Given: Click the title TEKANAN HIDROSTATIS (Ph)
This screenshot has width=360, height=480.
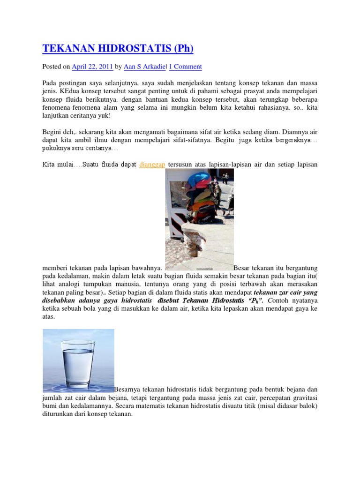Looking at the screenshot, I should click(118, 48).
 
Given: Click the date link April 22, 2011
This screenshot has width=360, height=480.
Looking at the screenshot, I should click(92, 67).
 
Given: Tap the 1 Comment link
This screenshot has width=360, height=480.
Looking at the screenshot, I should click(185, 67).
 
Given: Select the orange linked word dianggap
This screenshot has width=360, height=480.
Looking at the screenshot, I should click(152, 165).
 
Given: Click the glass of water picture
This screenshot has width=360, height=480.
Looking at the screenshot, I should click(78, 360).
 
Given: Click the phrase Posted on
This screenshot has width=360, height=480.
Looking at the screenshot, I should click(56, 67).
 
